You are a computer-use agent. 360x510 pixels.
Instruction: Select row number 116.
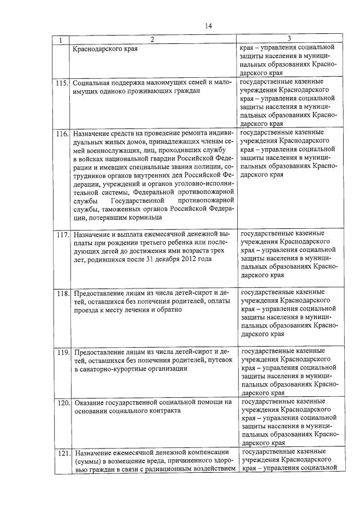point(62,134)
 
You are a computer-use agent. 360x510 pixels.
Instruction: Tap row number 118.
point(62,294)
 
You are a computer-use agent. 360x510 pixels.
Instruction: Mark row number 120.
point(62,403)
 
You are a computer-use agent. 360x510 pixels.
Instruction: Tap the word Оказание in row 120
point(89,402)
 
